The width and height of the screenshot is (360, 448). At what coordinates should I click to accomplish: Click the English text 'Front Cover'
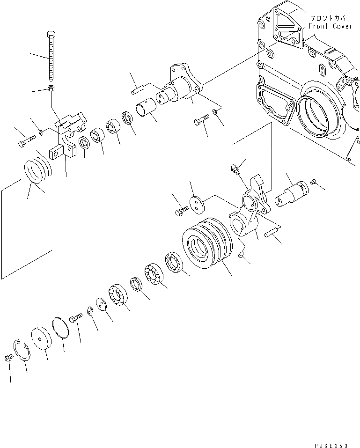click(330, 27)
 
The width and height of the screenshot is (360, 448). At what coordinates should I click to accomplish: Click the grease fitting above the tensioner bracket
click(235, 169)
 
